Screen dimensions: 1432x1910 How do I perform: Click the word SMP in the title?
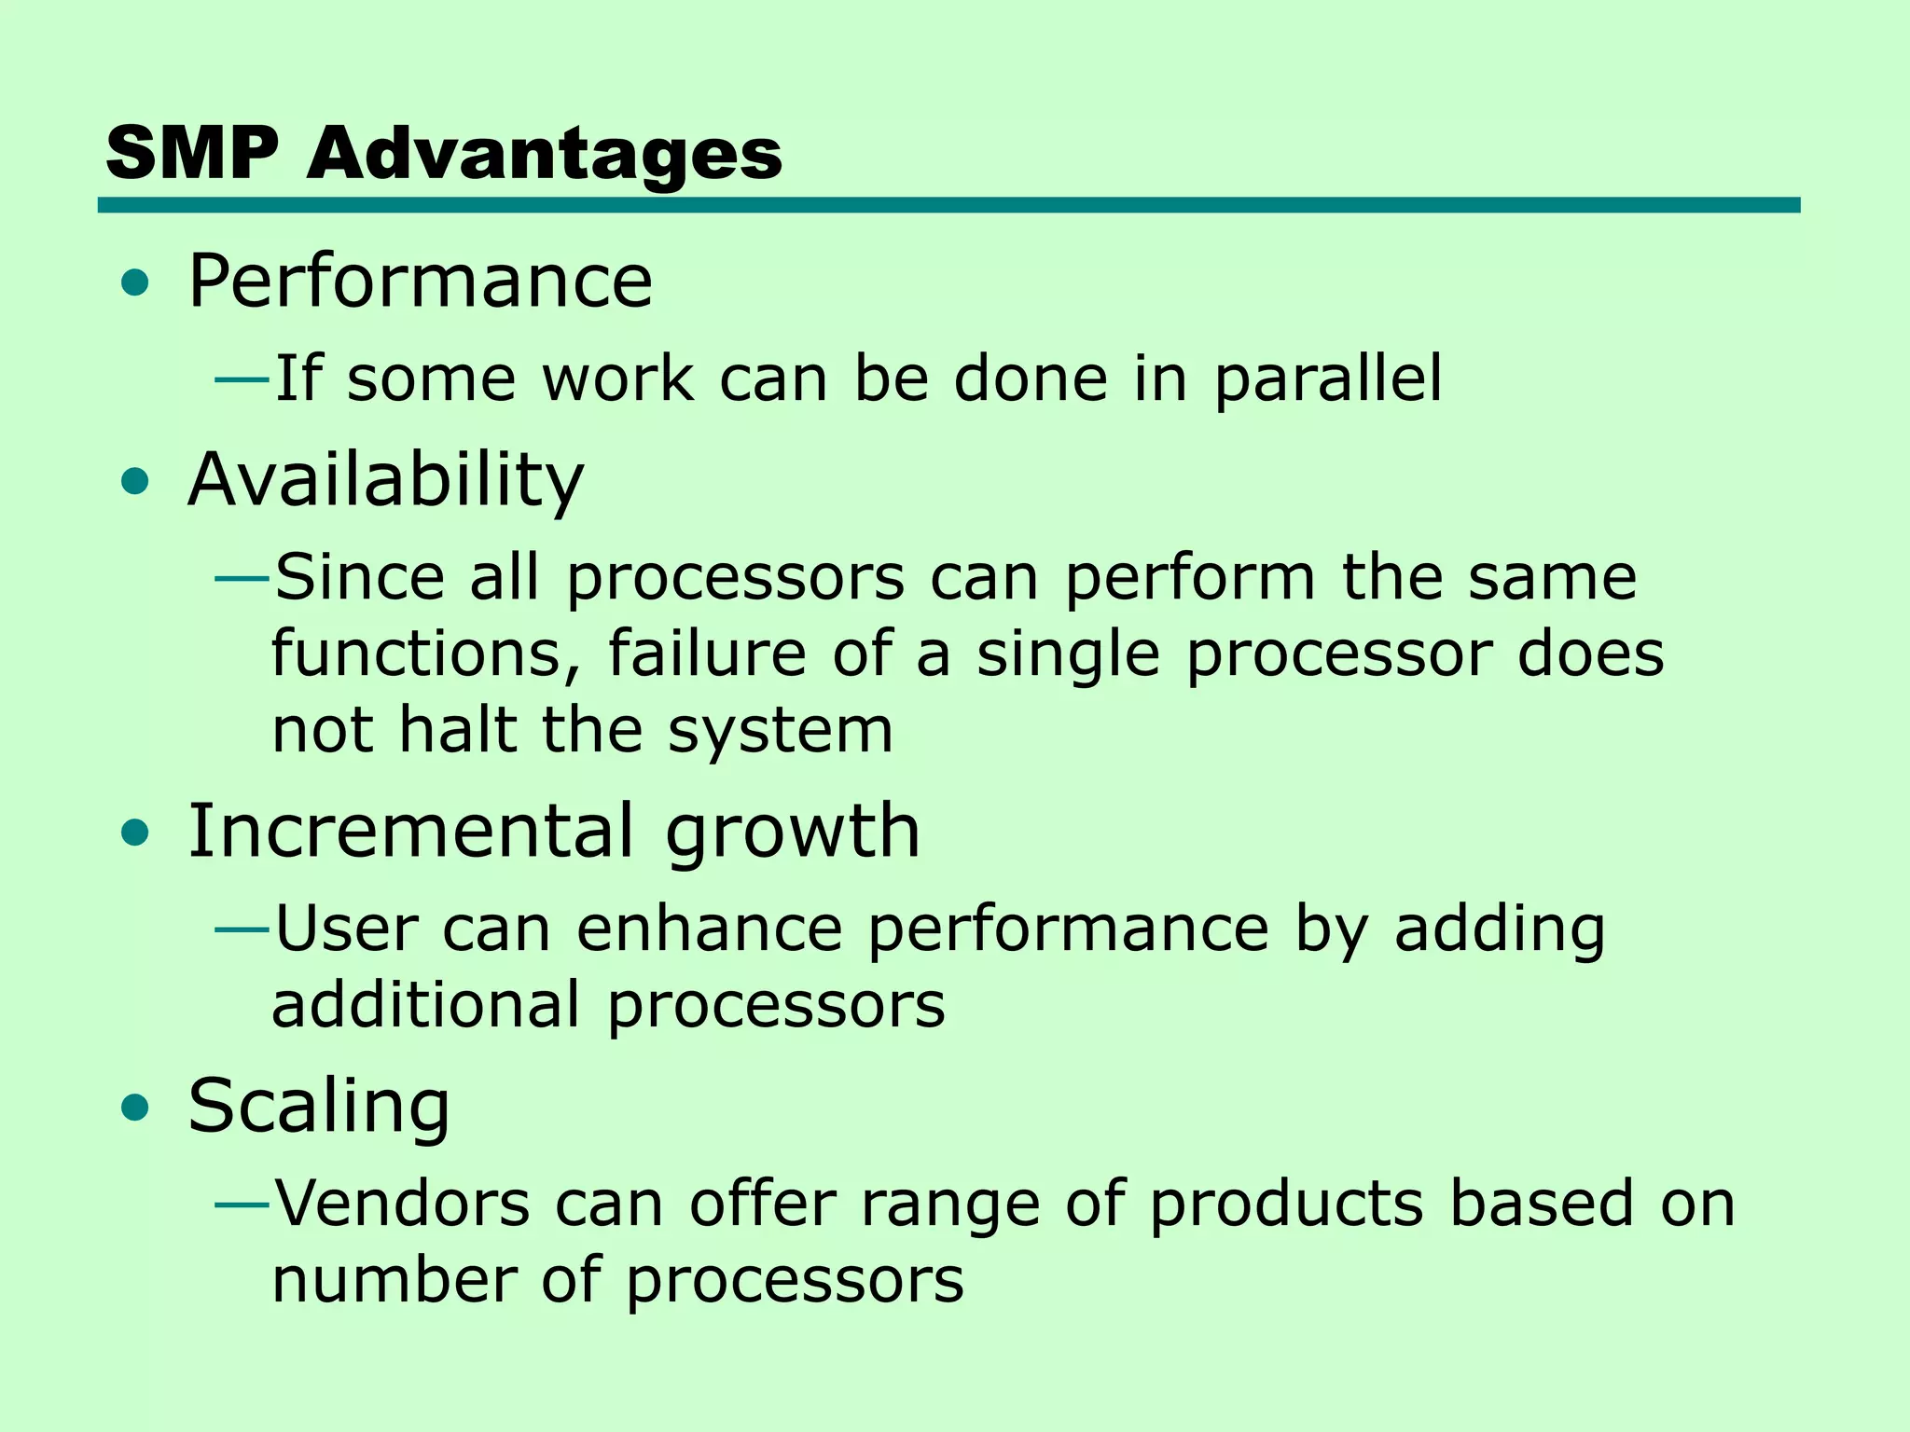pos(192,154)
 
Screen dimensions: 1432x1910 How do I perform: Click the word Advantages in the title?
pos(545,154)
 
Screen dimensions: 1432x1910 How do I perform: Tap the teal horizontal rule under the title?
pos(948,205)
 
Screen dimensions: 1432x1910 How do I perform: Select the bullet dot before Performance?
pos(135,282)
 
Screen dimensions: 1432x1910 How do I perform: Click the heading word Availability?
pos(385,480)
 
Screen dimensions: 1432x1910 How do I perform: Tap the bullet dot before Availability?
pos(135,482)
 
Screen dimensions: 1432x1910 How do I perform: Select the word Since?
pos(359,577)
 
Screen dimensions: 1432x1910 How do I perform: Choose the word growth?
pos(792,833)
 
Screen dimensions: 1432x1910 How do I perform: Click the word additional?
pos(425,1005)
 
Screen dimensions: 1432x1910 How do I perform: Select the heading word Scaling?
pos(319,1107)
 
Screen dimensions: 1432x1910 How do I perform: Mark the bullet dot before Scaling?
pos(135,1108)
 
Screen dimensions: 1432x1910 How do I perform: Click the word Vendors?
pos(402,1204)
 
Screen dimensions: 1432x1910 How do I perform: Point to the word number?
pos(394,1280)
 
